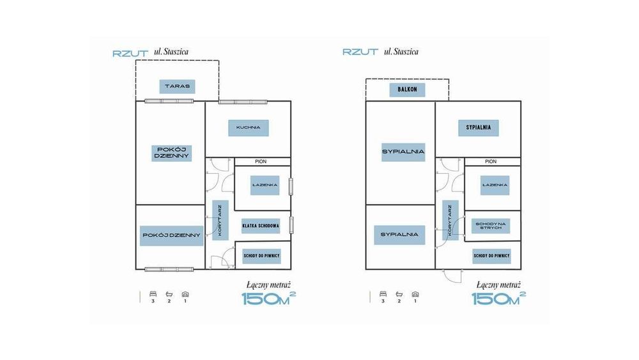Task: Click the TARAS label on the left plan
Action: click(177, 86)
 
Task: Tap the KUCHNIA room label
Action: click(248, 128)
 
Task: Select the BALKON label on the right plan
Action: click(407, 90)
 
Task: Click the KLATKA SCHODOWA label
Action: click(261, 226)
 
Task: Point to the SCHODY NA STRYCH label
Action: click(491, 226)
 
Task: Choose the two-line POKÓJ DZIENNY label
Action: click(171, 153)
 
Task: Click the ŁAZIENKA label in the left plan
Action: click(265, 185)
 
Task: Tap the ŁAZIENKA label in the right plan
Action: click(495, 185)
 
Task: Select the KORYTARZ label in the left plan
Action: click(220, 220)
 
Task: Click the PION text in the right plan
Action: click(491, 162)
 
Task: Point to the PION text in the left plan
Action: click(261, 162)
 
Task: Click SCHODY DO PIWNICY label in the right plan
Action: click(491, 256)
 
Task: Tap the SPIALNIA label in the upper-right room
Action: click(479, 128)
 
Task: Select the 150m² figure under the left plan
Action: click(269, 299)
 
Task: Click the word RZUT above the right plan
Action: click(360, 52)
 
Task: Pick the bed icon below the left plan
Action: click(153, 294)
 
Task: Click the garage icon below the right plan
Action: click(415, 294)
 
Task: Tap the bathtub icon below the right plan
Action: click(399, 294)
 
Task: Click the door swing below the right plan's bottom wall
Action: click(452, 276)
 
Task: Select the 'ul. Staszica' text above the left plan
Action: click(171, 52)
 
